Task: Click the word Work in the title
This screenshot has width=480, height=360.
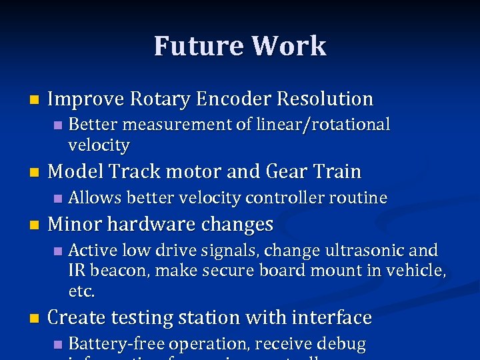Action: point(289,46)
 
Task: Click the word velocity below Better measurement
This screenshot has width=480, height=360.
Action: point(99,145)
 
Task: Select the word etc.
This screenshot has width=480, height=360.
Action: point(82,291)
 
